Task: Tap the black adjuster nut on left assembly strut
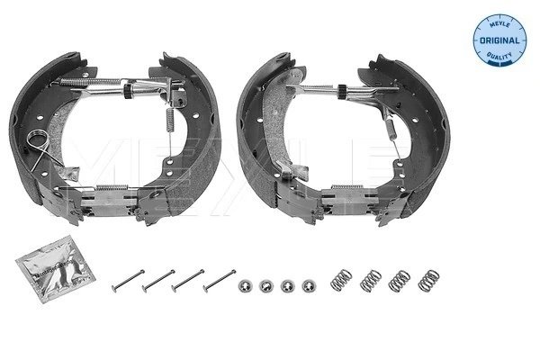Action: tap(132, 91)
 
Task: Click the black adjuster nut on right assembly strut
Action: tap(346, 91)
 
